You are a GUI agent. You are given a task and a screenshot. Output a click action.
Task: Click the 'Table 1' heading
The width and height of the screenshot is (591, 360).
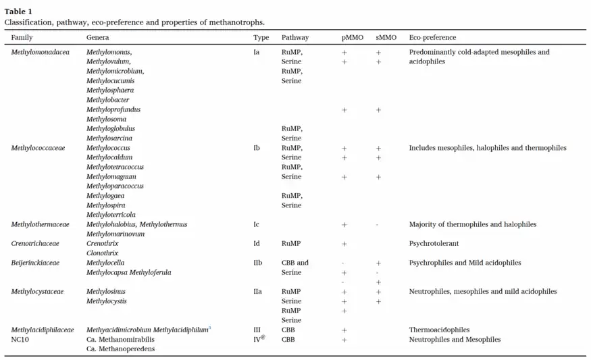coord(18,11)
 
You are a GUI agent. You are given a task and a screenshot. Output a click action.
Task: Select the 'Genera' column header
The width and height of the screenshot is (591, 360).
coord(97,38)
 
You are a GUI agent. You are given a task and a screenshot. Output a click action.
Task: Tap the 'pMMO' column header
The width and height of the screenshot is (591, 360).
coord(352,38)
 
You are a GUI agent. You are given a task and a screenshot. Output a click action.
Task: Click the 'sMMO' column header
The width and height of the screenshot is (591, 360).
coord(386,38)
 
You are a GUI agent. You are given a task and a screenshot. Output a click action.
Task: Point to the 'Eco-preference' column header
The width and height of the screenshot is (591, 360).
coord(432,38)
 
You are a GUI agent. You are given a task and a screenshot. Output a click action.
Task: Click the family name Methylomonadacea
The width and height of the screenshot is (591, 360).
coord(41,52)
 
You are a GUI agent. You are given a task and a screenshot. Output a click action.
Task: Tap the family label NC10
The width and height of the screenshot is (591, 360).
coord(21,339)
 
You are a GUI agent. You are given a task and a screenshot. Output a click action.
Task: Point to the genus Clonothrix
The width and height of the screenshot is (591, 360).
coord(103,253)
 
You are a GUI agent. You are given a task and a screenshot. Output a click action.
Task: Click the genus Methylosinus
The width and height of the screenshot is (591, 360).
coord(106,291)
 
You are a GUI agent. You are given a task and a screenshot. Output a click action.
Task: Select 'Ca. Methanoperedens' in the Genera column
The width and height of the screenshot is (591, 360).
coord(120,349)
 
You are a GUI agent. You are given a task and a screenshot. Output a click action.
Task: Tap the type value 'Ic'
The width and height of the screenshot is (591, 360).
coord(256,224)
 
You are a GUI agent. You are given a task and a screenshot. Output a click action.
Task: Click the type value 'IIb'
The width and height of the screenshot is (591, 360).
coord(257,263)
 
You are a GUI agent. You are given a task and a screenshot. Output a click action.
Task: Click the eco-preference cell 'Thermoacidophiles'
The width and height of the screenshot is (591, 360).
coord(439,330)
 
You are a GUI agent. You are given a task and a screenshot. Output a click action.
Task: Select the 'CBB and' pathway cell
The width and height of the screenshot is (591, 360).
coord(295,263)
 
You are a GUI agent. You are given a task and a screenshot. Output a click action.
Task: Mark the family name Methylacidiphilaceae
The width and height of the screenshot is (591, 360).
coord(43,330)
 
